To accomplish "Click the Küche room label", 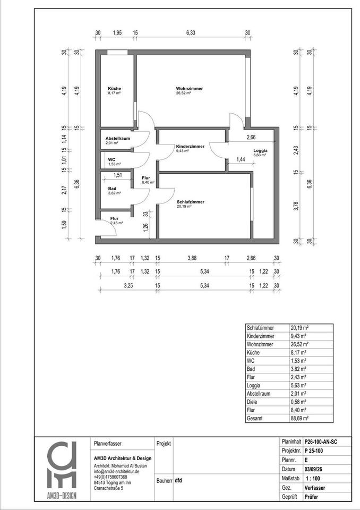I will coord(114,89).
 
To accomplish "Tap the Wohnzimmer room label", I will coord(190,89).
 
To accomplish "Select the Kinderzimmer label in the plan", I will coord(191,146).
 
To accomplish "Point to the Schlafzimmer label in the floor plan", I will coord(191,202).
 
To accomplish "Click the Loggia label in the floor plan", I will coord(261,151).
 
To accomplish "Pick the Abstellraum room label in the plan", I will coord(117,138).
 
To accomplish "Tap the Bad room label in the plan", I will coord(112,189).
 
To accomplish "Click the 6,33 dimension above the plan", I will coord(191,33).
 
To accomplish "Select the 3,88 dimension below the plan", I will coord(191,259).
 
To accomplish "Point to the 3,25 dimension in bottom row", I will coord(128,286).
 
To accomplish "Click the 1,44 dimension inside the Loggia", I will coord(241,159).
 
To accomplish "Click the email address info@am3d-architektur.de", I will coord(116,471).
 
